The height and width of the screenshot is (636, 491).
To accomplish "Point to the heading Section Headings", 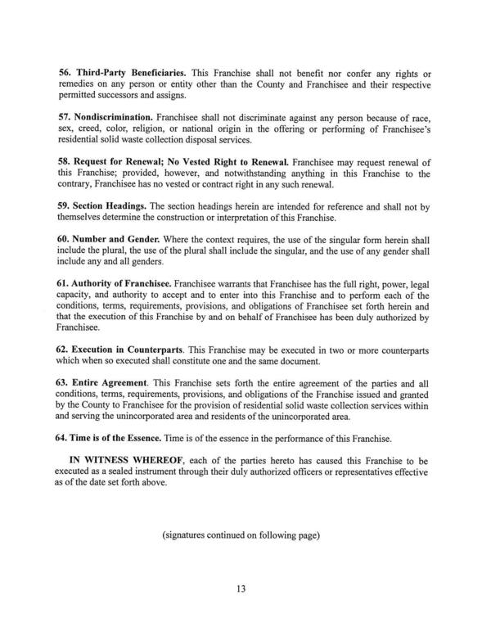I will coord(112,209).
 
